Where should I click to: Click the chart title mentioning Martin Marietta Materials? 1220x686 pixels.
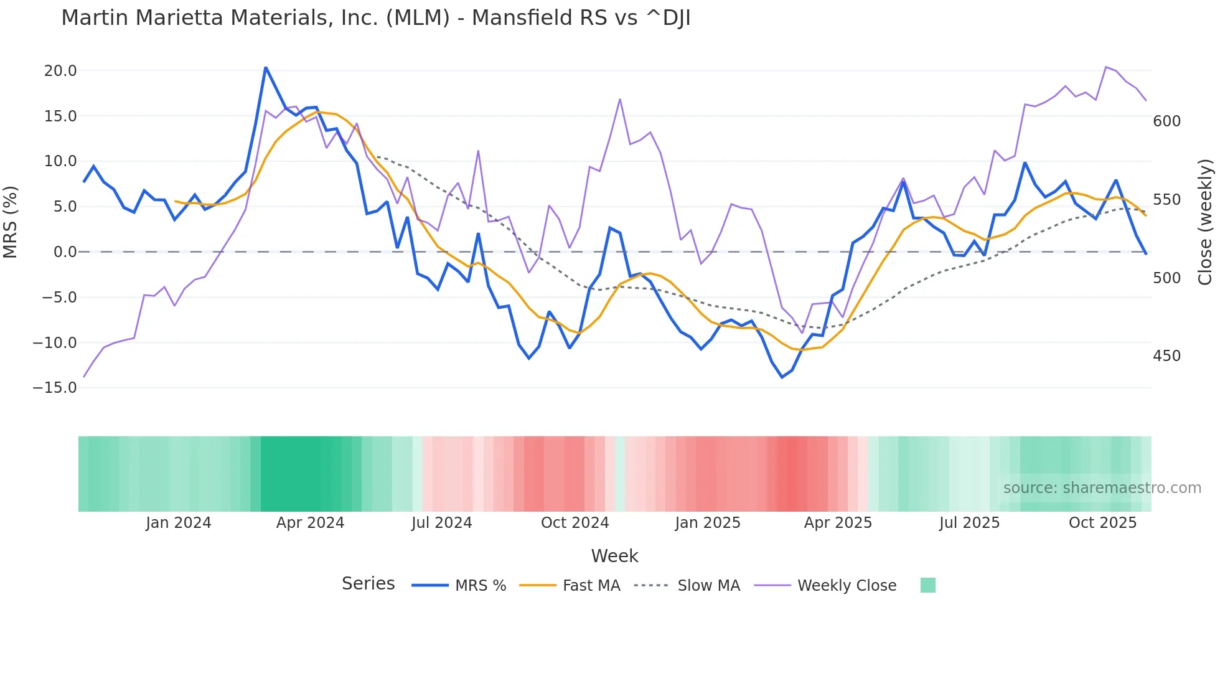376,18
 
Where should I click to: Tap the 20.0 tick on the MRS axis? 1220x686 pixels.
60,71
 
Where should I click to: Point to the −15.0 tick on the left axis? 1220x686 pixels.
55,388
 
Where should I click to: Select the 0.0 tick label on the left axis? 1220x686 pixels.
65,252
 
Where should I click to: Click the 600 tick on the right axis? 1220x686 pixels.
1166,121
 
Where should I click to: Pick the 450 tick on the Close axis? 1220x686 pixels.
1166,356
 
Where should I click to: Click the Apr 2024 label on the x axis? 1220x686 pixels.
310,523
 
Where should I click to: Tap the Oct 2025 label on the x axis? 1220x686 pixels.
1102,523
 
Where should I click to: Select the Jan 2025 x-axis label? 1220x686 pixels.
708,523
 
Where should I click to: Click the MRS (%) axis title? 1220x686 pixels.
11,222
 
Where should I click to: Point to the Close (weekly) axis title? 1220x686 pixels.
1206,222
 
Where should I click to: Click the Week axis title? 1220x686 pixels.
614,556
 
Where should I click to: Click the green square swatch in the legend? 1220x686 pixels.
927,585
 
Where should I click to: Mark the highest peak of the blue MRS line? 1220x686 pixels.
266,67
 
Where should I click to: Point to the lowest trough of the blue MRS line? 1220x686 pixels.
782,377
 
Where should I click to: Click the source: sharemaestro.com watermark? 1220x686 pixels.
1102,488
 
